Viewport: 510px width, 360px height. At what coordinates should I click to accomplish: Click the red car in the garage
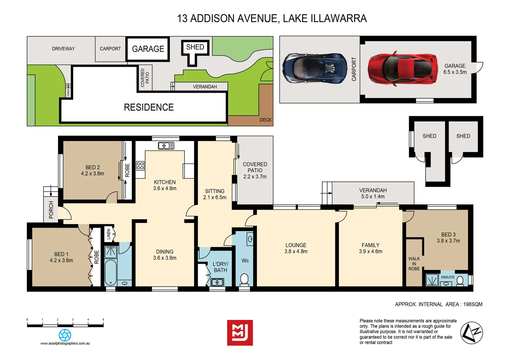[403, 68]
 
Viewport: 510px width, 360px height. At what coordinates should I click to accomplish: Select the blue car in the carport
[315, 68]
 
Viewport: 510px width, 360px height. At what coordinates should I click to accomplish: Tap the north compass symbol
[472, 333]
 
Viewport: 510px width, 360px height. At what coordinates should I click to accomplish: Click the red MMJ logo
[240, 333]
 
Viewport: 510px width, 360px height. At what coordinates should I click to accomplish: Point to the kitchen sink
[166, 146]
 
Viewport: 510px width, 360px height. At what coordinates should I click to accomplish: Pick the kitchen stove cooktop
[140, 166]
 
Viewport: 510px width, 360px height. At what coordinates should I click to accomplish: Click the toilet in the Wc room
[244, 279]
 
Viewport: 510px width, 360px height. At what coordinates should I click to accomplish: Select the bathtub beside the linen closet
[111, 273]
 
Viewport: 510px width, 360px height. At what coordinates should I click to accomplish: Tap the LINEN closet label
[109, 234]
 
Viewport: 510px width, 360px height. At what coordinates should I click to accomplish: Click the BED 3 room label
[448, 234]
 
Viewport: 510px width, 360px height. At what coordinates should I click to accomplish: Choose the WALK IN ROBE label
[414, 264]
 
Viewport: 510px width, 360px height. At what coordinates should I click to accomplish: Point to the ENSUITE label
[448, 277]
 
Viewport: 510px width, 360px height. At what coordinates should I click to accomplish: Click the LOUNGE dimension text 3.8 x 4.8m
[296, 251]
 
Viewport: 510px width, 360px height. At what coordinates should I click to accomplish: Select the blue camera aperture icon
[65, 335]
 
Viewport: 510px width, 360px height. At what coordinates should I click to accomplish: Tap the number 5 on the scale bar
[103, 319]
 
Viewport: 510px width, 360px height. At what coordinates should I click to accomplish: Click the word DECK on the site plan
[266, 120]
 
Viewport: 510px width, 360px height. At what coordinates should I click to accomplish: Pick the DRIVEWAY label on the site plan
[63, 49]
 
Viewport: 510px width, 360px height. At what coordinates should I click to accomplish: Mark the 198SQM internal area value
[473, 304]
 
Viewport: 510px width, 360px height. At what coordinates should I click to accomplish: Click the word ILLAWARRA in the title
[339, 18]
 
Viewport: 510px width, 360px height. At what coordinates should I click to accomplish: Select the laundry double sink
[217, 282]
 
